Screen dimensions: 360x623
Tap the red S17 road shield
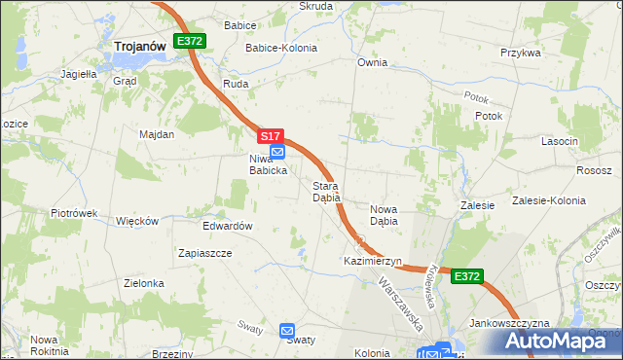point(272,136)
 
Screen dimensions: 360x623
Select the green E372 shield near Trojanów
point(189,41)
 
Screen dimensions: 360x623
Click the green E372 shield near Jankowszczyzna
point(467,277)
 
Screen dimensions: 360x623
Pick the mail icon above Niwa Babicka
point(277,152)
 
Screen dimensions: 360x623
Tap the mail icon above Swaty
point(287,331)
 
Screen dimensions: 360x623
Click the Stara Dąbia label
point(325,191)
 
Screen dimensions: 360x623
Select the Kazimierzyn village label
point(373,262)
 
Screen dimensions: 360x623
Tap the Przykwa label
point(520,53)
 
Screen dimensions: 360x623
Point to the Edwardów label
point(228,226)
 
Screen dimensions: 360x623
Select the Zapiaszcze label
point(204,252)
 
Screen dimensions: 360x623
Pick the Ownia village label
point(372,62)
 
